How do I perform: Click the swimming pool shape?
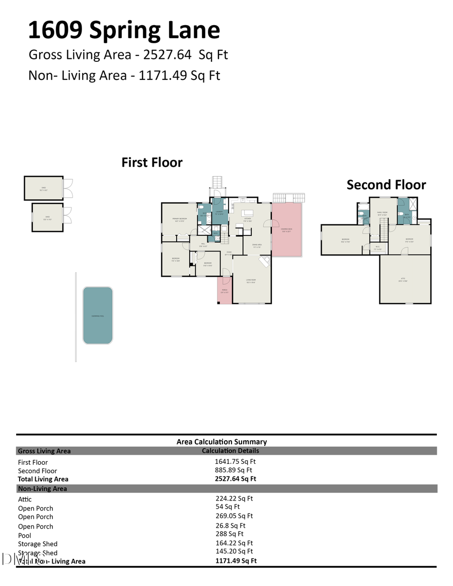tap(98, 315)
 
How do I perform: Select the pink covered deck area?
tap(287, 230)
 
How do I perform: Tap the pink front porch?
tap(224, 291)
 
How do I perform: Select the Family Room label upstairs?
tap(383, 213)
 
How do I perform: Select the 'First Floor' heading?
tap(152, 162)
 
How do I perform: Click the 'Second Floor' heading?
tap(386, 185)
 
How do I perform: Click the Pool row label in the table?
tap(25, 535)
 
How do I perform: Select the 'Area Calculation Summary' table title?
tap(221, 442)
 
